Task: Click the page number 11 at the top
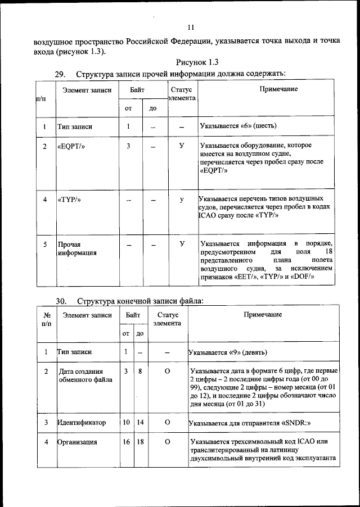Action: coord(191,27)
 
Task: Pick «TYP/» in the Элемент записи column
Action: coord(69,200)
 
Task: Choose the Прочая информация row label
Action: coord(77,248)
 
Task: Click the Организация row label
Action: coord(78,442)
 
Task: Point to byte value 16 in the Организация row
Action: coord(127,442)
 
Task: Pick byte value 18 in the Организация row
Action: coord(139,442)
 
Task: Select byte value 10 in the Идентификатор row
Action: coord(127,422)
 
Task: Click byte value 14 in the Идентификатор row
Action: coord(139,422)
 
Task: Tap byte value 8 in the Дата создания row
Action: coord(139,372)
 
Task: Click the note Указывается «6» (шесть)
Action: coord(238,125)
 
